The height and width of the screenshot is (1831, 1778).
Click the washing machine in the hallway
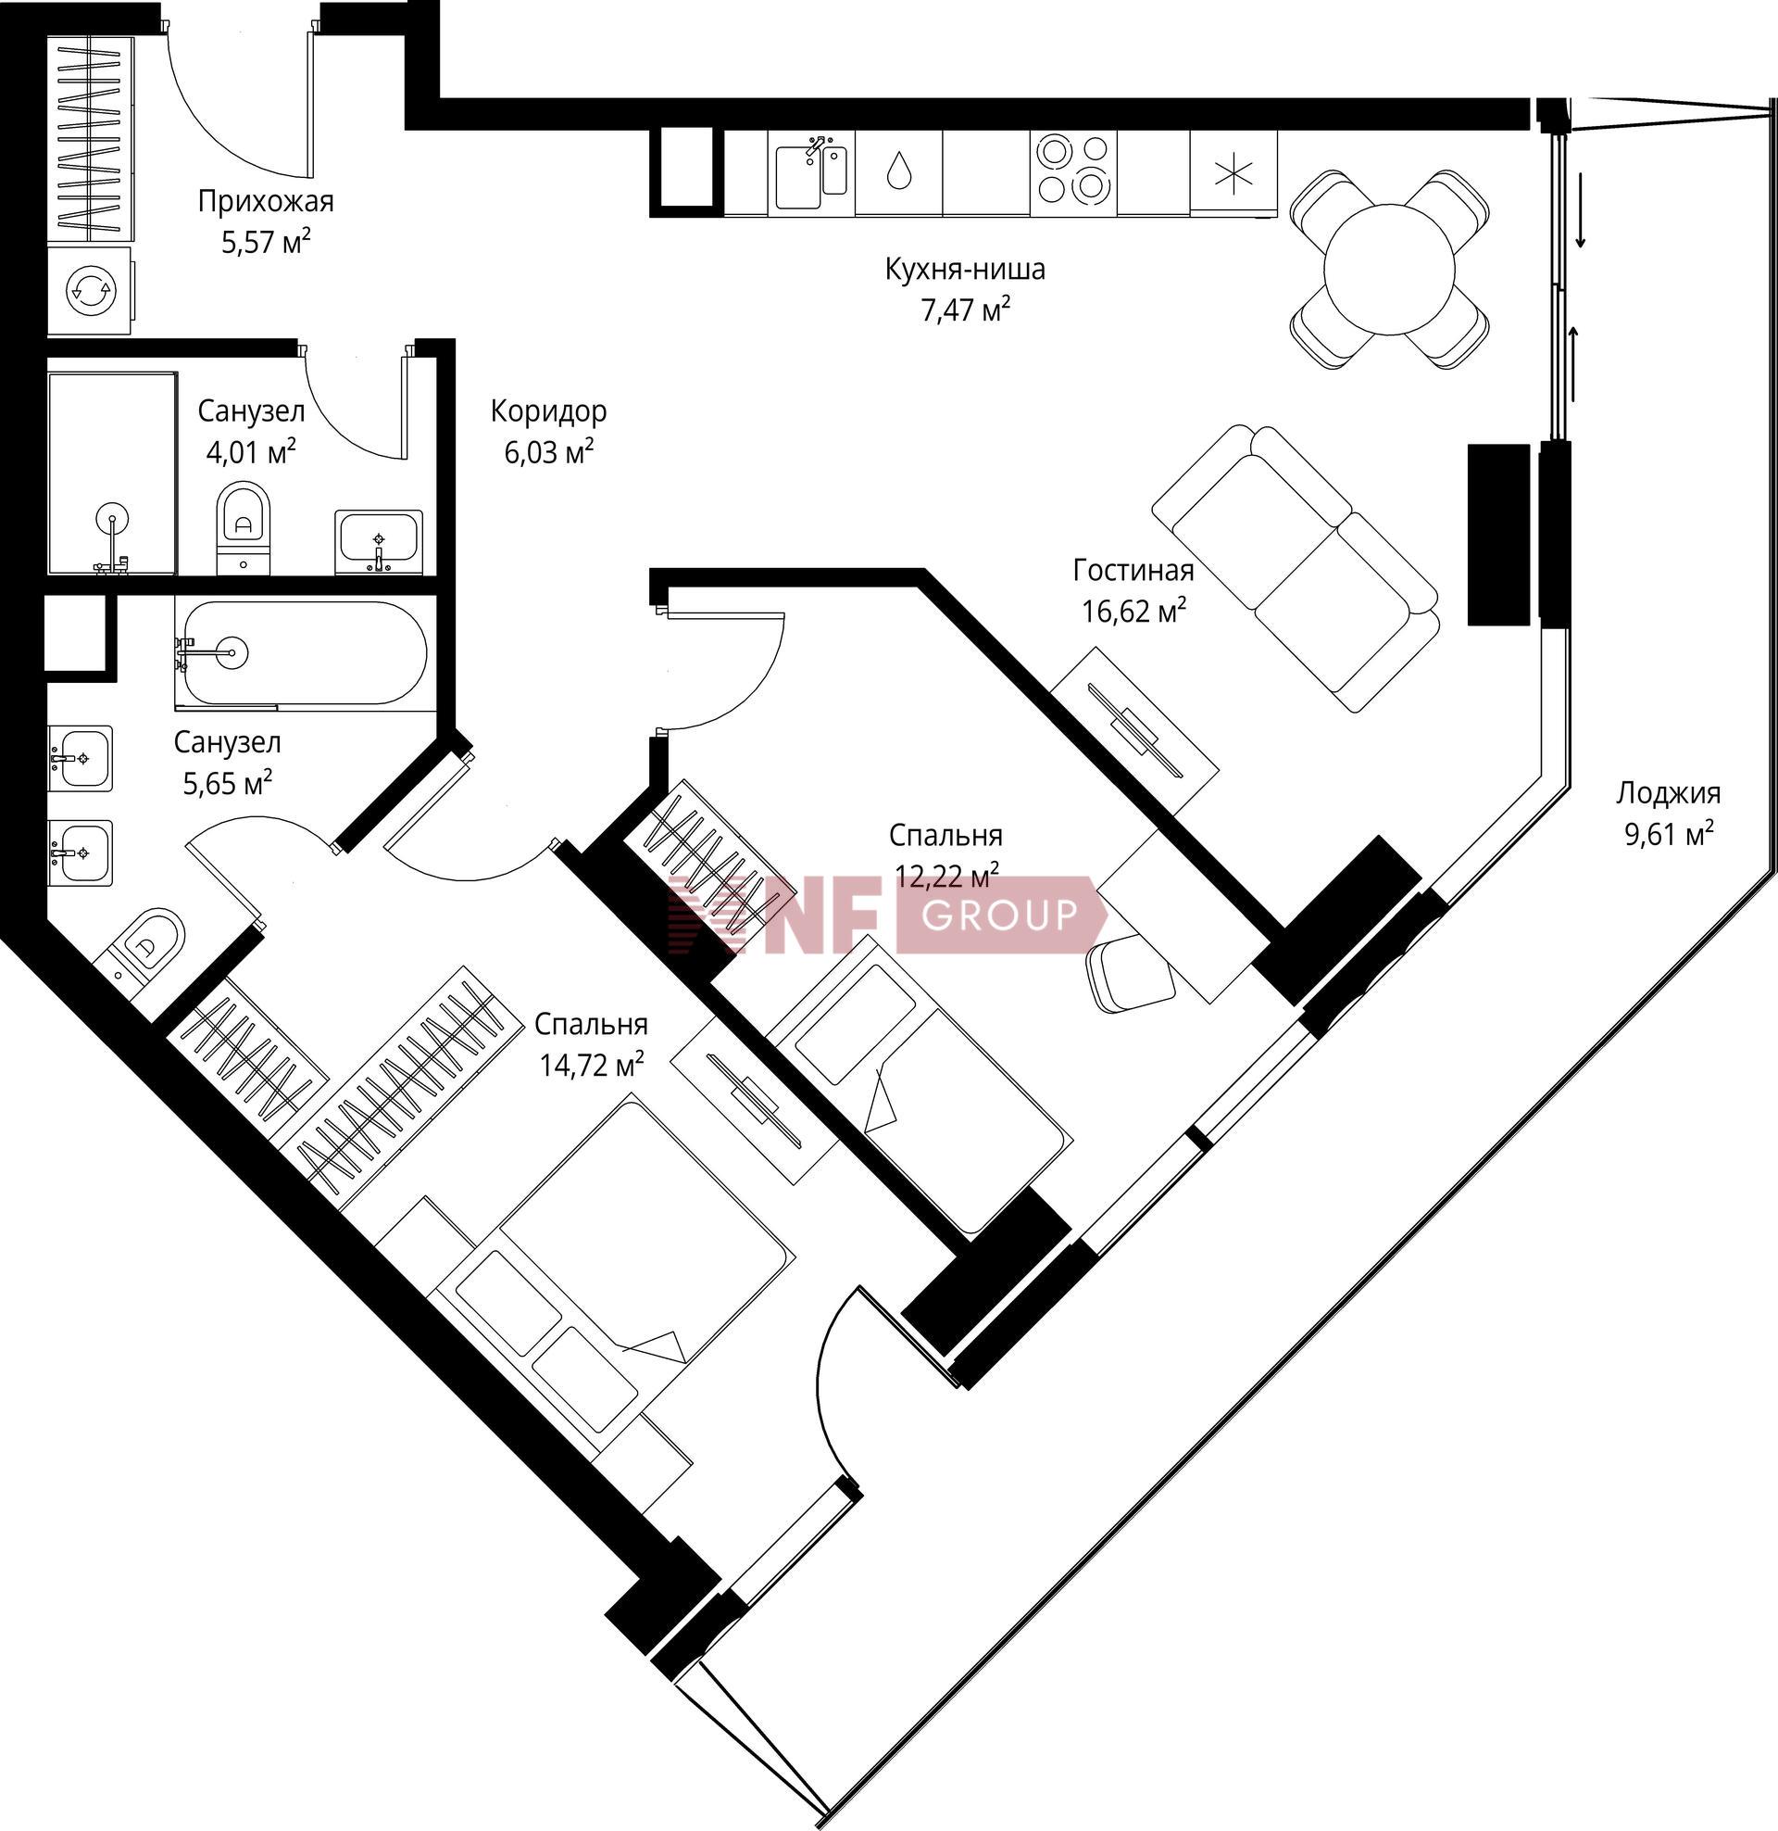click(90, 291)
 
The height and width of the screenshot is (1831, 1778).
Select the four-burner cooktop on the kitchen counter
click(1074, 173)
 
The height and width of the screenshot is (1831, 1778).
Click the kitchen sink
click(810, 173)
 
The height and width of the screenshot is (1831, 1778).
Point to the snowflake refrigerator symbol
click(1233, 173)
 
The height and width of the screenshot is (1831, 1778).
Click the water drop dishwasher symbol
click(899, 172)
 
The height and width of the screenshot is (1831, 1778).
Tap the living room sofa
click(1296, 569)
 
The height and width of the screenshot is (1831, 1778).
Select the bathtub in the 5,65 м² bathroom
click(305, 652)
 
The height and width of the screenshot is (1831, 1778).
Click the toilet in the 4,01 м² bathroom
click(244, 527)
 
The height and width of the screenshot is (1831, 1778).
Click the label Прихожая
click(265, 201)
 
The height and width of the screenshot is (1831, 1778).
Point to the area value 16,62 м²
click(1133, 610)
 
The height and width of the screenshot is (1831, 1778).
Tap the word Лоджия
click(1668, 793)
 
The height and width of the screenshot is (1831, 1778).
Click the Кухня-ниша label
click(965, 269)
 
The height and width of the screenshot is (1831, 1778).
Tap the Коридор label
click(548, 410)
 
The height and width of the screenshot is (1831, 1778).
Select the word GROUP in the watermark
click(999, 915)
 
